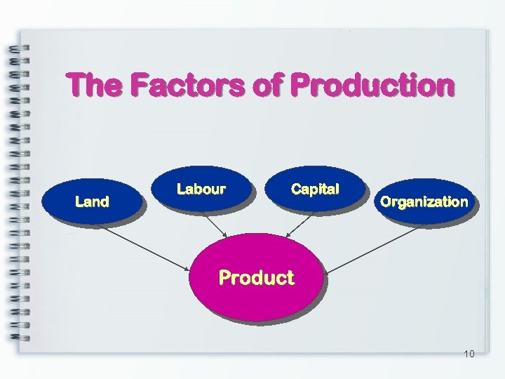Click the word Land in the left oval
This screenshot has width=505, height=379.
click(92, 202)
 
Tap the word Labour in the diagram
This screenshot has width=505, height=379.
click(201, 189)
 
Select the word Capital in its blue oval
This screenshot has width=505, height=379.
click(315, 189)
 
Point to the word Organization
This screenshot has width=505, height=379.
click(424, 202)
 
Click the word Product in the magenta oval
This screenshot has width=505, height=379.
click(256, 278)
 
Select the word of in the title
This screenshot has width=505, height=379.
click(269, 86)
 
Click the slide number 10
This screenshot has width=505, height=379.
click(469, 353)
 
